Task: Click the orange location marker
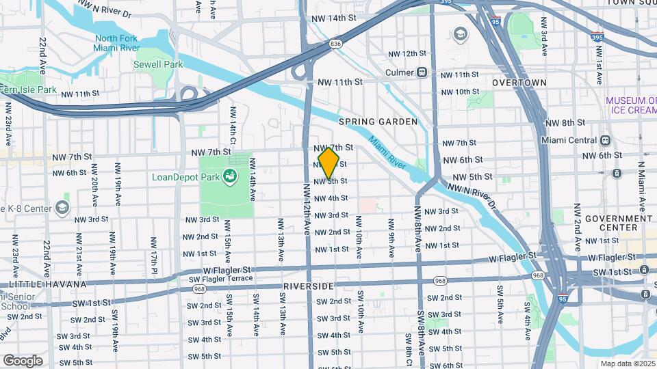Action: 329,164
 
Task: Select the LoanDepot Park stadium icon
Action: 232,177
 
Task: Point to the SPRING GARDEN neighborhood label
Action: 378,122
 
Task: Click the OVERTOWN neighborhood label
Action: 519,83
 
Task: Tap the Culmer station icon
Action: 422,72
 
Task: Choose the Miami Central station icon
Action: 605,140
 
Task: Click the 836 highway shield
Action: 335,43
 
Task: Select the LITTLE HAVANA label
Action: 47,284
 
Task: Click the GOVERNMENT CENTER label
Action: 628,223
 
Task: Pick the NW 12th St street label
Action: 404,53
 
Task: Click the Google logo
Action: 23,360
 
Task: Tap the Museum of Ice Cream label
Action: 631,105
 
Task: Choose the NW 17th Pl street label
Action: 155,251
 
